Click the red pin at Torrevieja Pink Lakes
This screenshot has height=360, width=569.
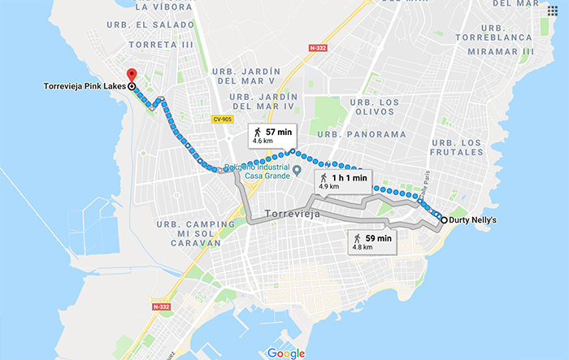click(132, 75)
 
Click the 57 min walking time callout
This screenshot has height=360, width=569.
click(274, 135)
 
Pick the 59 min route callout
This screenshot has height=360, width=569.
click(372, 242)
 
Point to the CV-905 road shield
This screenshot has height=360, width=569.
click(222, 119)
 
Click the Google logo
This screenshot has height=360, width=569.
click(284, 352)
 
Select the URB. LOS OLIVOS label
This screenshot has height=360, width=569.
click(373, 108)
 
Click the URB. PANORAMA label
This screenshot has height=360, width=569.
click(361, 134)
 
